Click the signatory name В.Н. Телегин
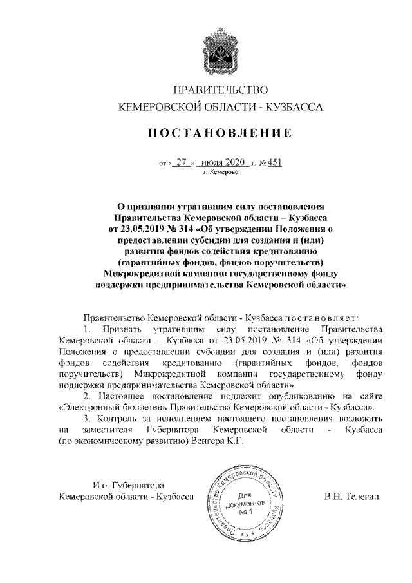click(349, 497)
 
